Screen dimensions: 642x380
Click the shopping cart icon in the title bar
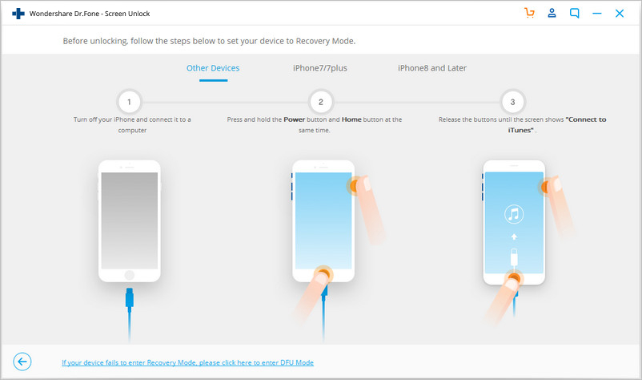[529, 13]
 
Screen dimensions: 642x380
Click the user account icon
[552, 13]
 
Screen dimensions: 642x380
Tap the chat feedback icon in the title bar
[575, 14]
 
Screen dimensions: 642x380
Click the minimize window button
[597, 14]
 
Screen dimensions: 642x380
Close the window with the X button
[620, 14]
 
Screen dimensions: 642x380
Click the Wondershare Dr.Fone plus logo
[18, 14]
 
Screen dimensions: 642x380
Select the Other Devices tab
[213, 68]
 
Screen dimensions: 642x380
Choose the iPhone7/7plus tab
[319, 68]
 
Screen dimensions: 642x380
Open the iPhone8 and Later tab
[432, 68]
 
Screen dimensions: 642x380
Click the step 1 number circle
[129, 102]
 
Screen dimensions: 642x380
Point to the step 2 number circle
[320, 102]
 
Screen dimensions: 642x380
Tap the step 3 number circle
[512, 102]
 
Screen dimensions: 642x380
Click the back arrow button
[22, 362]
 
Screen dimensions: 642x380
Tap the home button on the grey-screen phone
[130, 275]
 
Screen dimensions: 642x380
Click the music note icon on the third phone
[514, 214]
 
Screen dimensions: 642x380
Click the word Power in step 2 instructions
[295, 119]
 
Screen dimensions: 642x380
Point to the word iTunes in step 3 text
[520, 130]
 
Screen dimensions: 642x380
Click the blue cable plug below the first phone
[130, 297]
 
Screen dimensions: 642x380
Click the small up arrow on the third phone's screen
[514, 236]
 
